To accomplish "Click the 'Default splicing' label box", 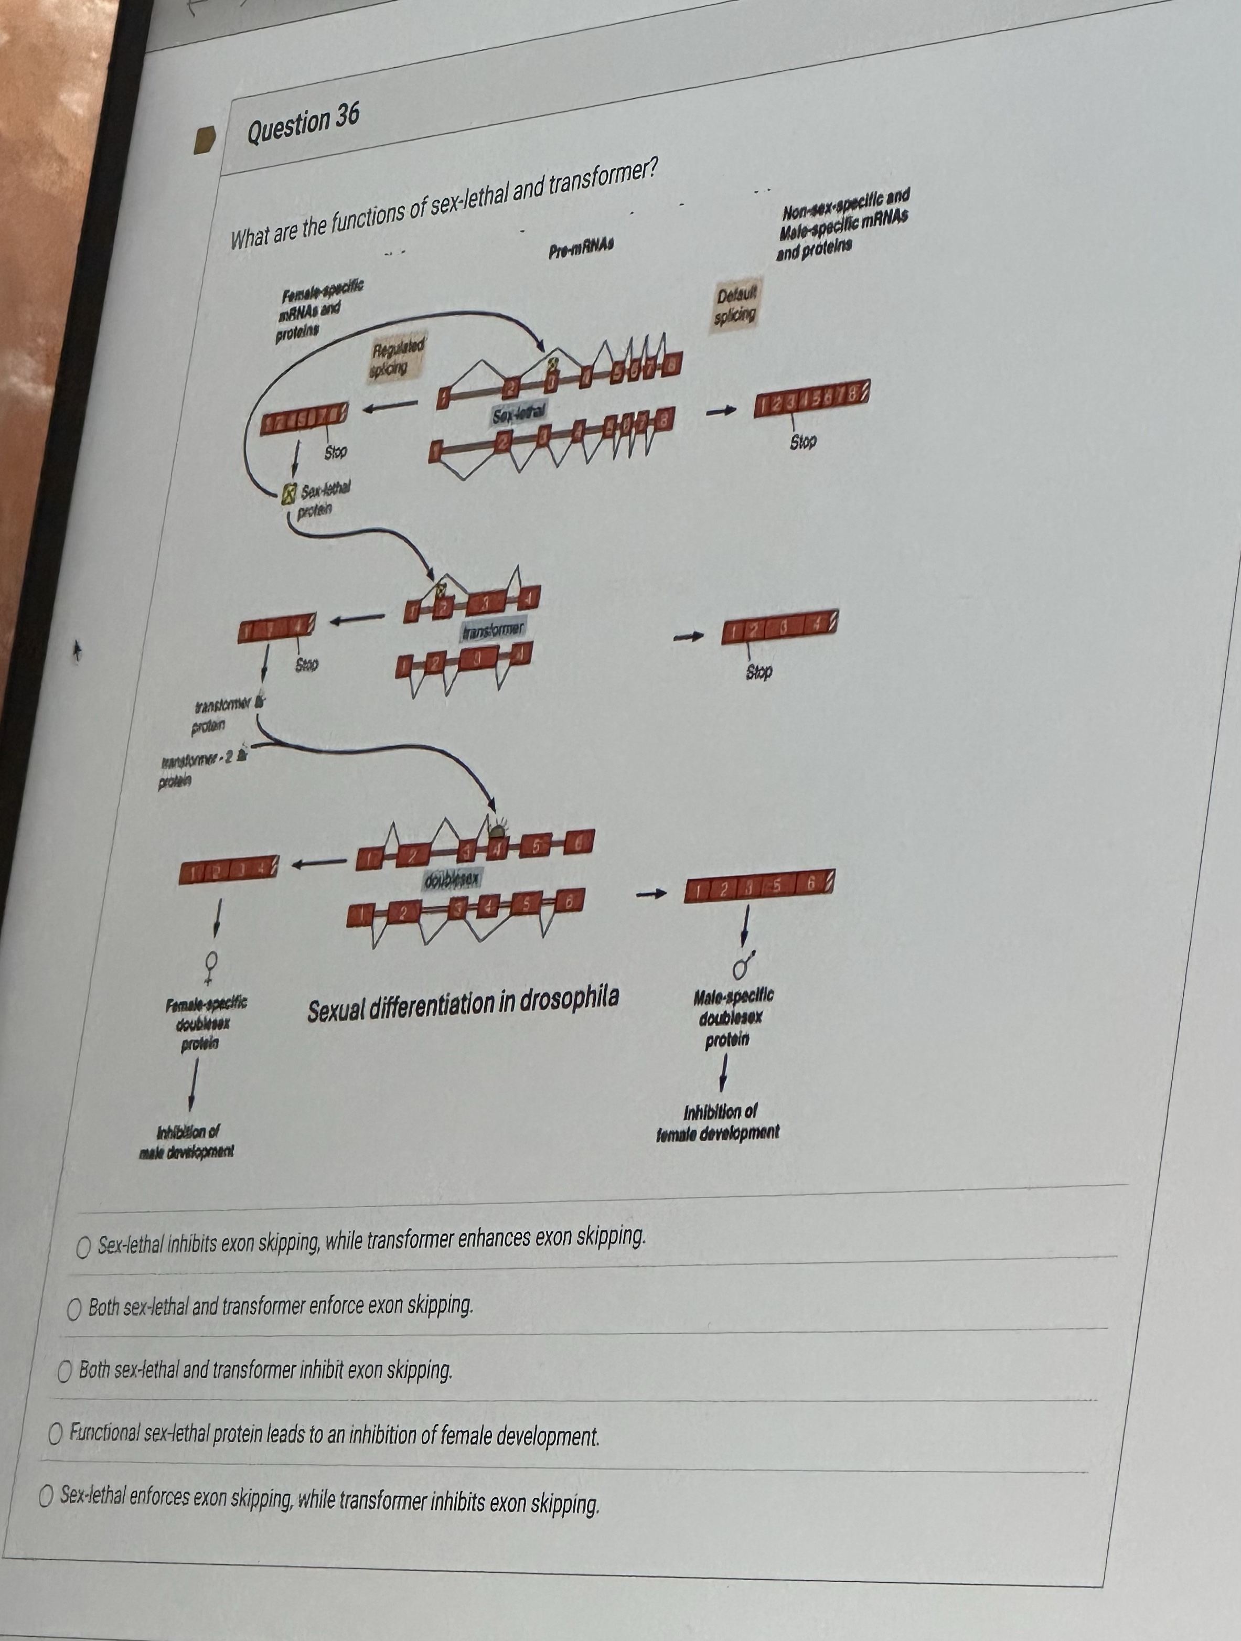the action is pos(734,306).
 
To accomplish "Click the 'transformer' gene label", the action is pos(493,630).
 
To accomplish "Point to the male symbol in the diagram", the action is pos(743,964).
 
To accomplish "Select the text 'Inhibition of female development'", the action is pos(718,1122).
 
